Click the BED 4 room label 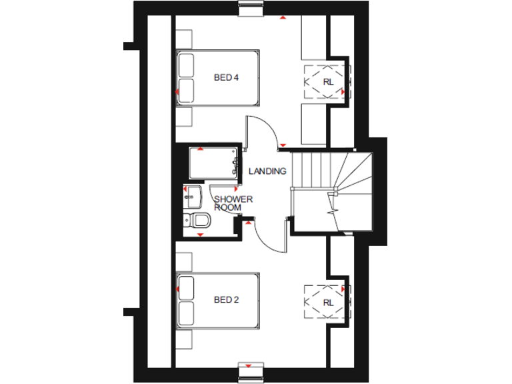pyautogui.click(x=226, y=78)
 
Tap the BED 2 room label pyautogui.click(x=226, y=300)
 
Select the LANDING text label pyautogui.click(x=267, y=171)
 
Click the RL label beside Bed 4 pyautogui.click(x=327, y=82)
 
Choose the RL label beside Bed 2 pyautogui.click(x=327, y=303)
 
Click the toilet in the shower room pyautogui.click(x=198, y=221)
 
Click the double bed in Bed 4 pyautogui.click(x=217, y=77)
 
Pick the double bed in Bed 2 pyautogui.click(x=217, y=300)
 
